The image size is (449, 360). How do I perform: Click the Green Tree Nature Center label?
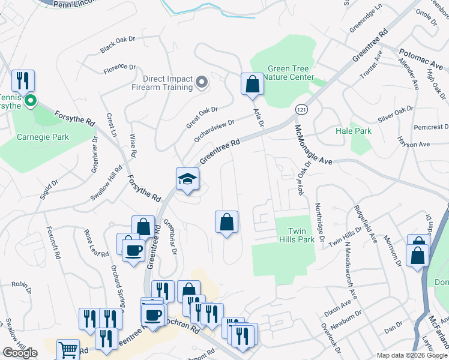click(282, 73)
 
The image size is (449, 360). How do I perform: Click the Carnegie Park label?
click(43, 137)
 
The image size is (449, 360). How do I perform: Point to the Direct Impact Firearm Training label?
click(167, 83)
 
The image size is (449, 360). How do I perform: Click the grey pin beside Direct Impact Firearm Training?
click(202, 83)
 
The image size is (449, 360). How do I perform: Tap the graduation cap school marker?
click(187, 179)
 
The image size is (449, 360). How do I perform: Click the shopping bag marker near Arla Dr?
click(252, 84)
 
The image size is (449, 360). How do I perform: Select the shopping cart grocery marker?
click(68, 350)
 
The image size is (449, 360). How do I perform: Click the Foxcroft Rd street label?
click(53, 247)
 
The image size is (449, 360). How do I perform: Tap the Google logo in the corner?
click(20, 353)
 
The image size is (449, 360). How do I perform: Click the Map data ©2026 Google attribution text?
click(412, 355)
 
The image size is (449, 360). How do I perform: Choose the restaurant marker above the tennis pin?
click(23, 80)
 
